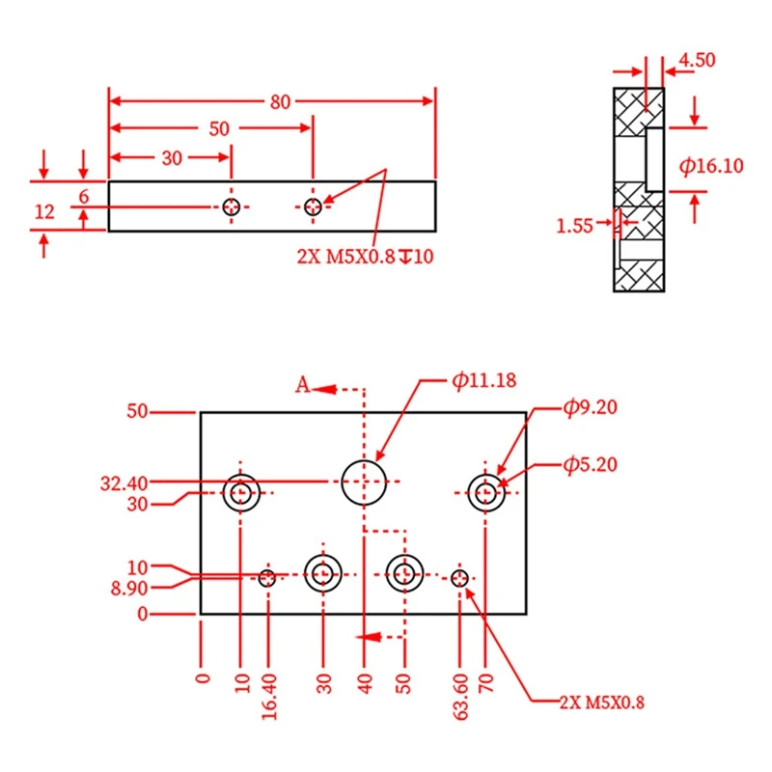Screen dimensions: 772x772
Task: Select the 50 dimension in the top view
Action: coord(219,128)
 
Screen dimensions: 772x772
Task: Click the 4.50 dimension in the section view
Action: coord(697,60)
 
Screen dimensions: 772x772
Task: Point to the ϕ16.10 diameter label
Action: coord(711,166)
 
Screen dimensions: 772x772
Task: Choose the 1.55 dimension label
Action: coord(575,226)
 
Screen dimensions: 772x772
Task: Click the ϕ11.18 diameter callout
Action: coord(483,380)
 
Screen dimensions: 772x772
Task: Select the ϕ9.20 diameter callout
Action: coord(590,407)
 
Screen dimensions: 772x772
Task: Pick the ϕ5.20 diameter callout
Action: coord(590,465)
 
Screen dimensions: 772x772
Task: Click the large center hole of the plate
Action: coord(364,482)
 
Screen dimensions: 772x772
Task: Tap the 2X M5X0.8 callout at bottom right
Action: coord(600,702)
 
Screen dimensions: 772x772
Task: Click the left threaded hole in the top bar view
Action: coord(231,207)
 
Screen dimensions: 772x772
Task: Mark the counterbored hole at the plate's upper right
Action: coord(486,493)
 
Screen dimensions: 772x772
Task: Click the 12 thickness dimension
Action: coord(44,212)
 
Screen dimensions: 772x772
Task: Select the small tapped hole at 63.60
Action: coord(460,578)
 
